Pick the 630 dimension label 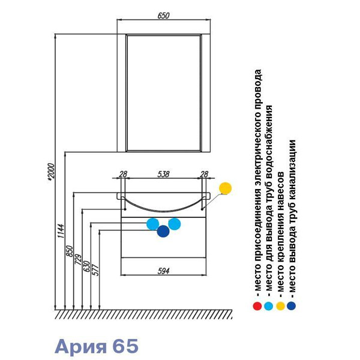click(86, 266)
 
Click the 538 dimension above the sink click(163, 174)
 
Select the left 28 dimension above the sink click(123, 174)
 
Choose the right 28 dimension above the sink click(203, 174)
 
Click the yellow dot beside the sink click(226, 188)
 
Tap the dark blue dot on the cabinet click(163, 231)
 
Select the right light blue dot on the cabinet click(175, 223)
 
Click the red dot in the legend click(257, 305)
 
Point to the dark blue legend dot click(291, 305)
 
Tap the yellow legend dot click(280, 305)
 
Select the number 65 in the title click(125, 346)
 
